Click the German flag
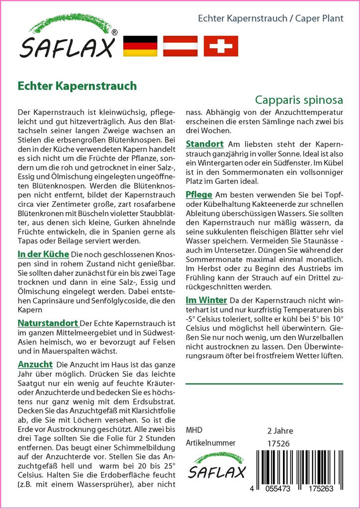coord(140,46)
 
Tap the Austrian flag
coord(180,46)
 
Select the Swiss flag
coord(221,46)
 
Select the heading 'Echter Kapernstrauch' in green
coord(77,85)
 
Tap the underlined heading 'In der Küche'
coord(43,254)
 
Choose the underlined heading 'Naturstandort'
coord(48,323)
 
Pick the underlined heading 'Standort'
coord(204,144)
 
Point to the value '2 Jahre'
coord(280,430)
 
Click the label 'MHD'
coord(194,430)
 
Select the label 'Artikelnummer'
coord(210,443)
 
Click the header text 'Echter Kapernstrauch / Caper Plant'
coord(270,19)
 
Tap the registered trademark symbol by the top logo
coord(114,33)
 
